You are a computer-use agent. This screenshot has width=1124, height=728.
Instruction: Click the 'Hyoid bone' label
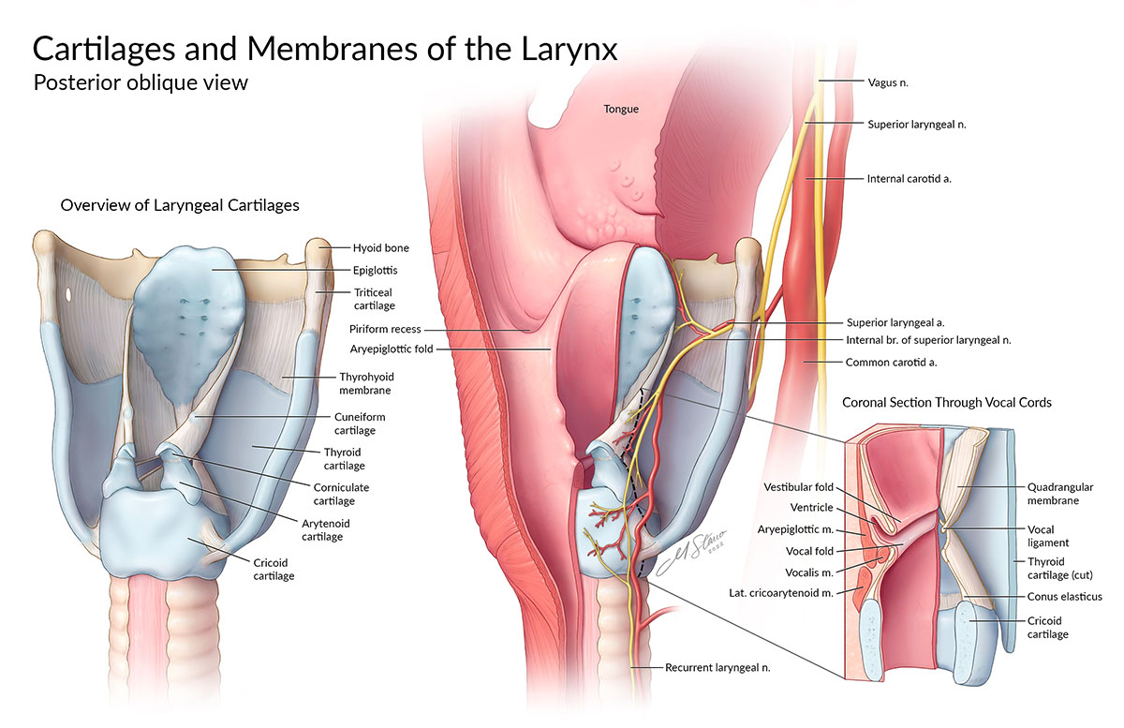(x=380, y=248)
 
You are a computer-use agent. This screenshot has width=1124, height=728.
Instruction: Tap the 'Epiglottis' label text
(x=375, y=270)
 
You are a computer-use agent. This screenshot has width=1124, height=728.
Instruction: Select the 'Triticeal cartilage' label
(x=374, y=299)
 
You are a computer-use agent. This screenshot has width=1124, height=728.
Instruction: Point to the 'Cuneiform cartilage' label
(x=359, y=423)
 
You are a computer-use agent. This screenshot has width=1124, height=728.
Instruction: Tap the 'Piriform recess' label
(x=385, y=330)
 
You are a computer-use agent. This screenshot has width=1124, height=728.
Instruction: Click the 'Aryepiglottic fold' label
(x=391, y=349)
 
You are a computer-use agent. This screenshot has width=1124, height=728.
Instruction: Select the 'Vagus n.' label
(x=888, y=82)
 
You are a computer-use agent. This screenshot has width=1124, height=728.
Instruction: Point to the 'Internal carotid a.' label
(x=910, y=177)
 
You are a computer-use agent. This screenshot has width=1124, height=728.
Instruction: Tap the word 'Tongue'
(x=620, y=110)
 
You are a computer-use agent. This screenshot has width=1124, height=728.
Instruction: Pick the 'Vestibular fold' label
(x=798, y=487)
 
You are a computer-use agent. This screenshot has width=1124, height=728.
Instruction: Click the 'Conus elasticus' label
(x=1064, y=597)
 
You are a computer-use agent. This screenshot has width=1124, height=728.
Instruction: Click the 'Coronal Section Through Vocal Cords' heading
(x=946, y=403)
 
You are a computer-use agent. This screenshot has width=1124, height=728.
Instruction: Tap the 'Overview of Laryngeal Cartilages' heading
(x=180, y=204)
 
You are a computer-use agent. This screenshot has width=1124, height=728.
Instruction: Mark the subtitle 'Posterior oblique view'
(x=140, y=82)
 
